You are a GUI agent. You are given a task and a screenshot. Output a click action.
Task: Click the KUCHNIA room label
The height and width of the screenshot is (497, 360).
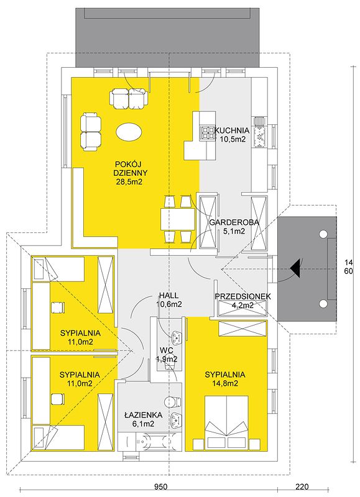(233, 130)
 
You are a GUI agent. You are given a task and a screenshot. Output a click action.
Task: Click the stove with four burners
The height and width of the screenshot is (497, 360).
(206, 133)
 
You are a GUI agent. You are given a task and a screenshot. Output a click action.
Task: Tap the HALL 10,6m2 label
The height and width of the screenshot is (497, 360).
(168, 300)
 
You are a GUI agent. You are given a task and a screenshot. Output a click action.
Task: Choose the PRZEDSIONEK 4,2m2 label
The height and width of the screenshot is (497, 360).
(242, 301)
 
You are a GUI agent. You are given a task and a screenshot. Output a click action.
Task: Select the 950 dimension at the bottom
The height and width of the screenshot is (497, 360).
(161, 486)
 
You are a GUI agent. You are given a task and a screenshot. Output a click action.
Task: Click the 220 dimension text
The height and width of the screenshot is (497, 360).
(302, 486)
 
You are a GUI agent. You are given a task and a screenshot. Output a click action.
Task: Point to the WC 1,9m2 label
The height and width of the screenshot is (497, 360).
(167, 355)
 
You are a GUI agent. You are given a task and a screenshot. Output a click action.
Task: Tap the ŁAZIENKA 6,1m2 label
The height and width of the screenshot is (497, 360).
(144, 419)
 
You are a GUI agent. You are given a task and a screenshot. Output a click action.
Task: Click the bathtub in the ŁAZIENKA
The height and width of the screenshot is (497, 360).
(150, 441)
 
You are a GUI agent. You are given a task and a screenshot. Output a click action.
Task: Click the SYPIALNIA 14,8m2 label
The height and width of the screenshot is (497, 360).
(225, 379)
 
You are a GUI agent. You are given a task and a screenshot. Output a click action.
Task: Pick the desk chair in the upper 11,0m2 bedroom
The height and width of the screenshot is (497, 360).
(57, 308)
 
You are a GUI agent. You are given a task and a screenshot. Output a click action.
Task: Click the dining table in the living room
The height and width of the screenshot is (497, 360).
(178, 219)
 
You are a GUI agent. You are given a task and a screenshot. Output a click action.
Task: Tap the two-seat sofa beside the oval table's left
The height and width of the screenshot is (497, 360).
(91, 131)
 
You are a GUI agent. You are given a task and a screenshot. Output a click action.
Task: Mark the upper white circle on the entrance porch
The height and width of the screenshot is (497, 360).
(323, 234)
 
